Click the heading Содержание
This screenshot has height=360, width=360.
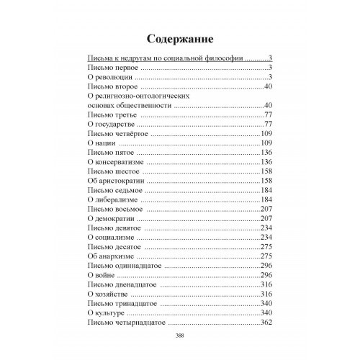click(180, 37)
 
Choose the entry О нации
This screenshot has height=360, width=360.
click(99, 143)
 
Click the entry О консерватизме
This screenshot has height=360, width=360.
click(116, 163)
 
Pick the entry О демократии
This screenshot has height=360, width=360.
click(110, 219)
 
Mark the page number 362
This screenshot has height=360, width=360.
click(267, 323)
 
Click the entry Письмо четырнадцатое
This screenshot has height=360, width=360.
click(122, 323)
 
